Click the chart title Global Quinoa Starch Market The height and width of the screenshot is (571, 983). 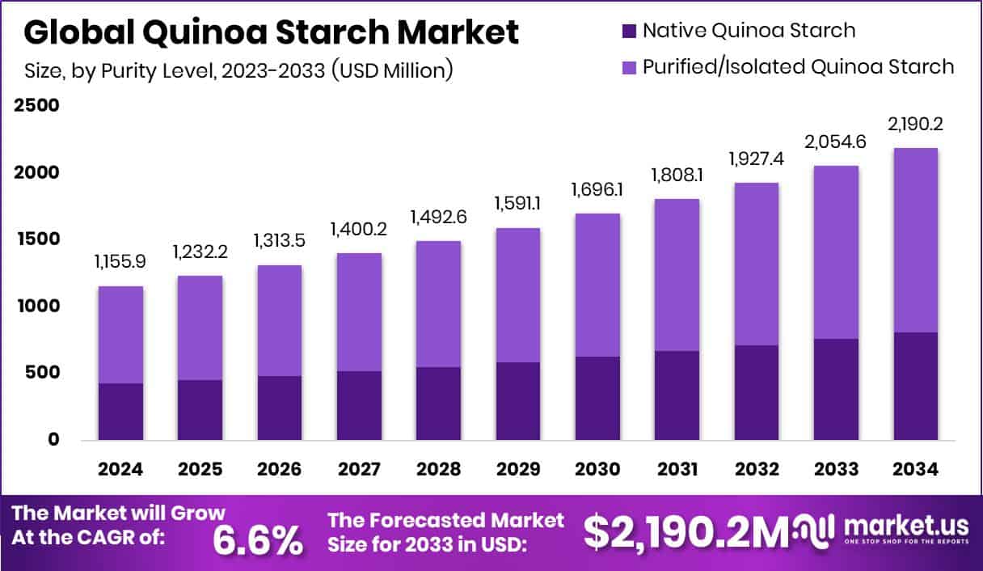271,32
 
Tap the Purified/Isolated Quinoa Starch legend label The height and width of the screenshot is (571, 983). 798,66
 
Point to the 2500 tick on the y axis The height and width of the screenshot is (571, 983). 36,106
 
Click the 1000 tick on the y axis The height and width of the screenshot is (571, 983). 36,307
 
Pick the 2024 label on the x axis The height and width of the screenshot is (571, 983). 120,470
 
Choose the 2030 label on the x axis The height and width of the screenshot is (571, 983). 597,470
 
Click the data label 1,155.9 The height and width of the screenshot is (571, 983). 120,263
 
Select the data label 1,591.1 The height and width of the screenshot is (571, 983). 518,205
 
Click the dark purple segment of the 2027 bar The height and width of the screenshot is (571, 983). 359,405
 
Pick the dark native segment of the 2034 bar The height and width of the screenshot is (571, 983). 915,386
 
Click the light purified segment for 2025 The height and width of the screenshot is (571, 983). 200,328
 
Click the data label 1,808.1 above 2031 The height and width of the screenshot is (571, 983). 677,176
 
